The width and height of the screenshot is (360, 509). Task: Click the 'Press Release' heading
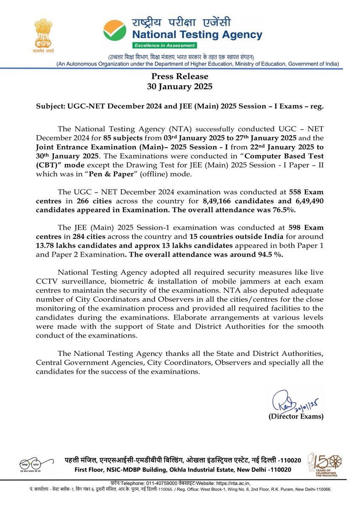click(x=180, y=76)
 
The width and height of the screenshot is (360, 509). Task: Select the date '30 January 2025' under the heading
click(x=180, y=87)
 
